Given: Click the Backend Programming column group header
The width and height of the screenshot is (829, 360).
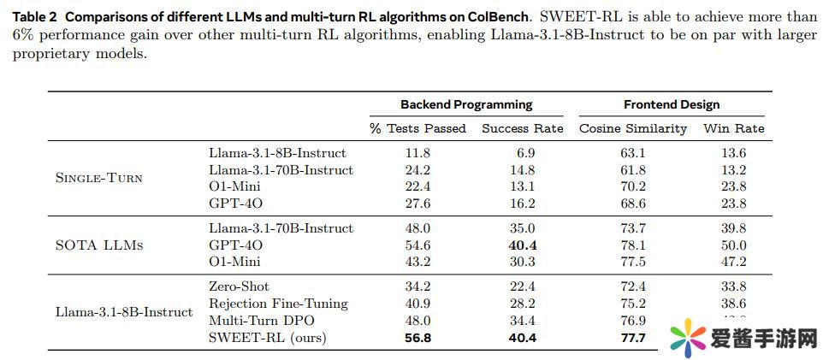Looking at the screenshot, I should [466, 104].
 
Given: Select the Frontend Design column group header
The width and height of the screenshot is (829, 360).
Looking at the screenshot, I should [672, 104].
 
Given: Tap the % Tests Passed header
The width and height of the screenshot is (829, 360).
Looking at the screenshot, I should [417, 128].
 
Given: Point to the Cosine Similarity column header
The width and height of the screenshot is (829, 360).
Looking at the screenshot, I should [633, 128].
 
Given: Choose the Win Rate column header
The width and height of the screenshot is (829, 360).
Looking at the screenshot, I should [733, 128].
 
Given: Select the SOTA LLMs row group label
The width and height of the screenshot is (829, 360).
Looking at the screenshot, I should [98, 245].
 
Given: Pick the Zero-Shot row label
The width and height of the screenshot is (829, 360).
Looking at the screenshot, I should [239, 286].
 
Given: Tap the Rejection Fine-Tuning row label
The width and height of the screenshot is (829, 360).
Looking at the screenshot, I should [278, 304].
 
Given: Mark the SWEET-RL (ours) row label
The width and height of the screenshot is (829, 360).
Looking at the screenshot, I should [268, 338].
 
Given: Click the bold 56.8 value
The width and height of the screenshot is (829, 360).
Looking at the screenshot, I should [417, 338].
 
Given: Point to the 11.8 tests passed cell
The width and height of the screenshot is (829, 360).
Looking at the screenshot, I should [417, 153].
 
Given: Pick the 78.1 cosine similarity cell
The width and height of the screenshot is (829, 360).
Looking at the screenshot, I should [633, 245].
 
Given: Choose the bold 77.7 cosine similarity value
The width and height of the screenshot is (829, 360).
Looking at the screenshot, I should [633, 338].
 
